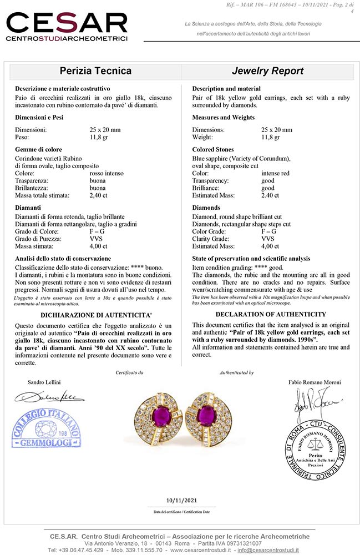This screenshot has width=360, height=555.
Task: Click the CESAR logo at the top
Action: click(67, 26)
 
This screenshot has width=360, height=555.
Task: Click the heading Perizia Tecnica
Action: click(95, 71)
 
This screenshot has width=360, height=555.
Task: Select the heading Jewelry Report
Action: click(267, 71)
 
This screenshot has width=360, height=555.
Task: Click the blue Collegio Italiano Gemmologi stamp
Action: click(45, 428)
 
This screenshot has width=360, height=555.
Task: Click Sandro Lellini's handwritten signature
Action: click(48, 397)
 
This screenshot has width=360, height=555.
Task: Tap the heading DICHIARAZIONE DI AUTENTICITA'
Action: click(95, 314)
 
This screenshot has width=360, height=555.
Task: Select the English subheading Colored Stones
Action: click(213, 149)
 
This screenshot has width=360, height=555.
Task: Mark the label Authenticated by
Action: click(236, 373)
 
